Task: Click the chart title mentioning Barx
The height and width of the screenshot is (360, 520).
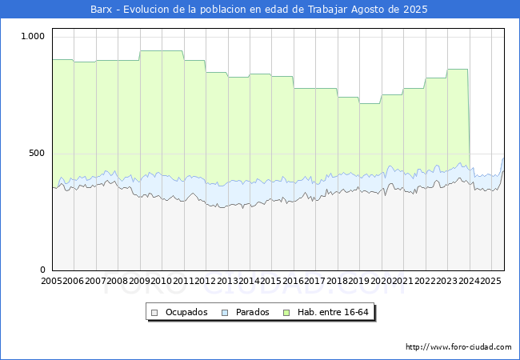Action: (x=260, y=10)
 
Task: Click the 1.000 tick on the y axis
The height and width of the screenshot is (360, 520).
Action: (x=33, y=36)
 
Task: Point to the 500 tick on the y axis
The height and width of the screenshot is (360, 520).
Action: (x=37, y=153)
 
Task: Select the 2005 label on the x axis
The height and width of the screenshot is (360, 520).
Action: (x=52, y=282)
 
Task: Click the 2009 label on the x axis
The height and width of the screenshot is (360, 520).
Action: (x=139, y=282)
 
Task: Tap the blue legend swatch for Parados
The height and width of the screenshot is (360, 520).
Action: (x=226, y=312)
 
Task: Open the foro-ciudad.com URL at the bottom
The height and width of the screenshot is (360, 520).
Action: (x=458, y=347)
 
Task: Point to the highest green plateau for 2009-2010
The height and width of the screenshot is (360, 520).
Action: (x=161, y=51)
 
